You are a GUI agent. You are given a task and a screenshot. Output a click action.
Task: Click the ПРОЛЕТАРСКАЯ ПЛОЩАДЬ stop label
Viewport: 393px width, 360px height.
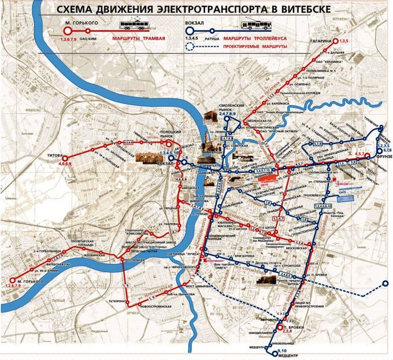click(86, 240)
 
